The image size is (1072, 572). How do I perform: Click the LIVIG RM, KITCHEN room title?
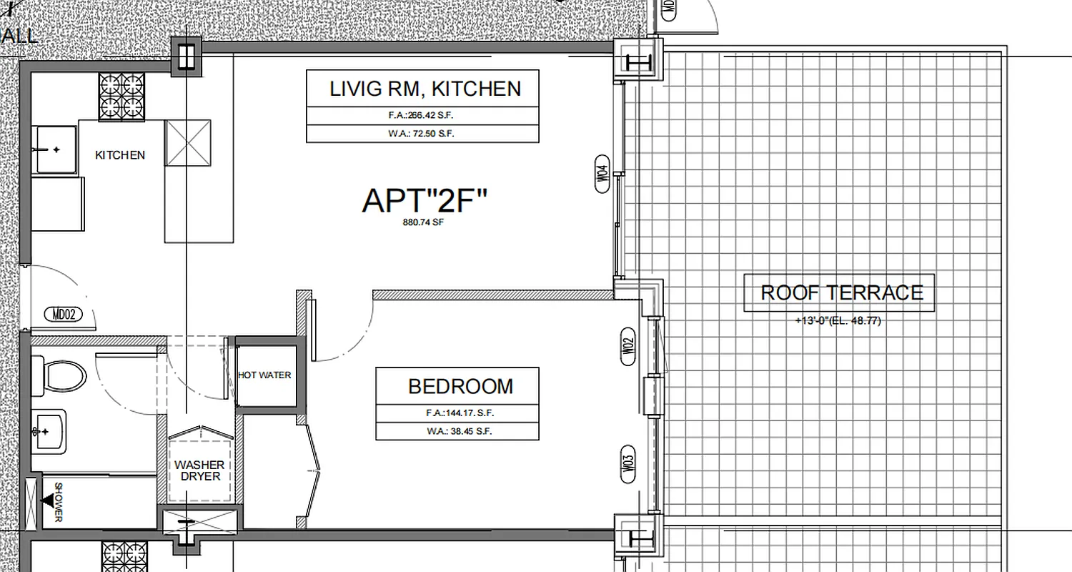tap(425, 89)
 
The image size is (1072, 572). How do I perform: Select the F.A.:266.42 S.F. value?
tap(422, 116)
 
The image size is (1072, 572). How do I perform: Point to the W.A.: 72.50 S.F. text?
tap(422, 134)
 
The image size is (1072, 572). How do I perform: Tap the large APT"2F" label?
tap(425, 201)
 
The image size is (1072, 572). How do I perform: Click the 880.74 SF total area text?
tap(425, 222)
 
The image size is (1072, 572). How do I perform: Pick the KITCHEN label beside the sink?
tap(120, 155)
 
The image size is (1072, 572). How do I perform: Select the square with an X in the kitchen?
tap(189, 142)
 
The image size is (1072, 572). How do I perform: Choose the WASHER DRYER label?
tap(199, 470)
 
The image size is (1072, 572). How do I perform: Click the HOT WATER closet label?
tap(264, 375)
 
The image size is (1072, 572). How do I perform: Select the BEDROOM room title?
tap(460, 387)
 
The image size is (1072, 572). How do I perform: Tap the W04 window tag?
tap(603, 174)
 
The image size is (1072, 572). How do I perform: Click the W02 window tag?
tap(628, 347)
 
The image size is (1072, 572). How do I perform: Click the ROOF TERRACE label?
tap(842, 292)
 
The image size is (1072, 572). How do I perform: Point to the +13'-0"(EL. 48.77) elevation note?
tap(838, 321)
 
